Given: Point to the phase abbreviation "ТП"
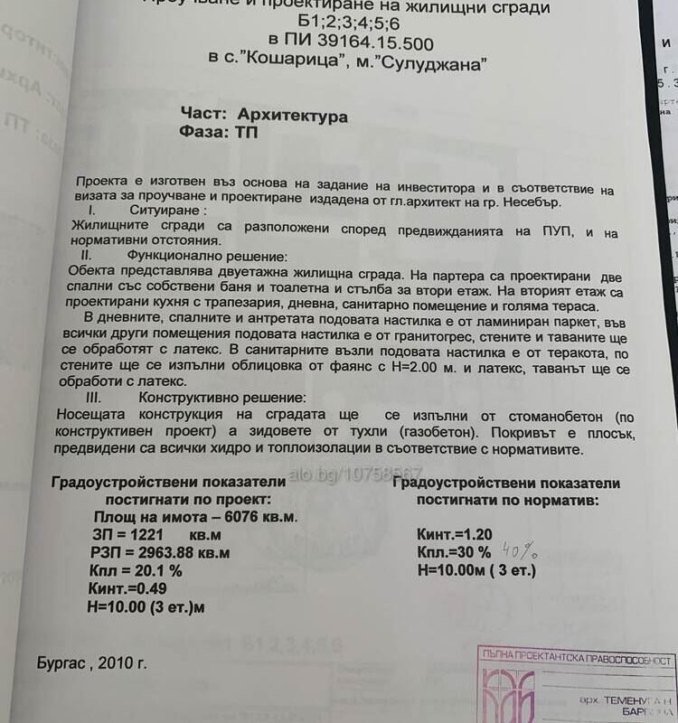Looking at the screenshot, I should [244, 134].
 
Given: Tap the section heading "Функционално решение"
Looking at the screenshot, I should [208, 257].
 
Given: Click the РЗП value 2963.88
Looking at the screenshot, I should [159, 552].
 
